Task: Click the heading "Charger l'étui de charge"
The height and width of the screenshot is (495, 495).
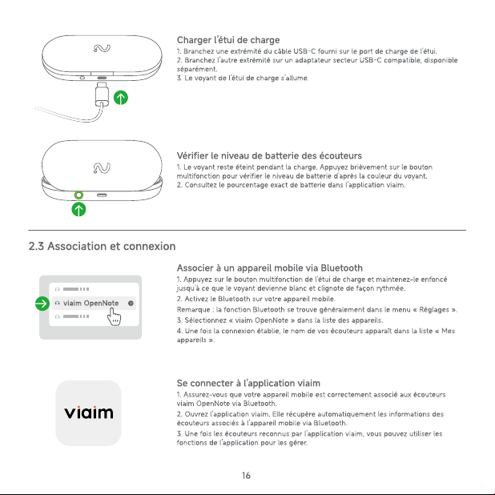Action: point(228,40)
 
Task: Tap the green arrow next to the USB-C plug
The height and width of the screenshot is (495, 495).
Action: point(121,98)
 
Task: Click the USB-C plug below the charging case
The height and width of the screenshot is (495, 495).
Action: point(102,94)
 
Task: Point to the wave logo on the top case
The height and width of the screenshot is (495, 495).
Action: point(102,48)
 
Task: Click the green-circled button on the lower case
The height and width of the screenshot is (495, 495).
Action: point(78,195)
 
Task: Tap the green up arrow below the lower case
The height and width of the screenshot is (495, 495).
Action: point(78,209)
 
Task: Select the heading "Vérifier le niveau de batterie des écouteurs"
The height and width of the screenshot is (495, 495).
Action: point(269,155)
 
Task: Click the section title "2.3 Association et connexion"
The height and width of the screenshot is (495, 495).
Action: point(102,246)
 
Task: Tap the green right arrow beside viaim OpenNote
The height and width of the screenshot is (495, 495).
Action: point(42,304)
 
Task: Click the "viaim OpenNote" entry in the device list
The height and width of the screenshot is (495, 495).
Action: point(91,304)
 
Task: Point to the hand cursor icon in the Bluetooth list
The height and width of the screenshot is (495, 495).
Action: point(114,316)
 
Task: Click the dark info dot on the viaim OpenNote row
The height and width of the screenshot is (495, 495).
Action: point(131,304)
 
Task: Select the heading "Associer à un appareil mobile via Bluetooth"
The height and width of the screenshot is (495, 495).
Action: point(270,268)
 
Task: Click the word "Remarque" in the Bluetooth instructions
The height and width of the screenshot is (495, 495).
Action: point(193,310)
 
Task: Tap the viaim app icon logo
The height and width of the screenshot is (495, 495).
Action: point(88,413)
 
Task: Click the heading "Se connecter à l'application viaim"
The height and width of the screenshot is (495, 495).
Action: point(248,383)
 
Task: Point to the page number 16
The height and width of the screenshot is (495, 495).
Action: point(246,476)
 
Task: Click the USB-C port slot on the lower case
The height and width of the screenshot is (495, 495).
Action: point(102,195)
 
